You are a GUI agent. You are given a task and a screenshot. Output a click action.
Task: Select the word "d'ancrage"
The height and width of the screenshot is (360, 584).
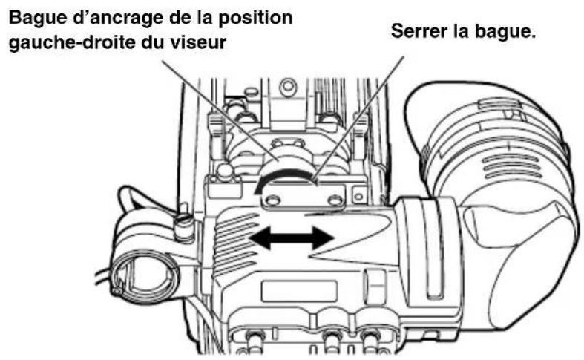[x=104, y=16]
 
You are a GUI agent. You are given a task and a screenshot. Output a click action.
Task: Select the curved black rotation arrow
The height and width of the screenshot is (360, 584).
[x=282, y=176]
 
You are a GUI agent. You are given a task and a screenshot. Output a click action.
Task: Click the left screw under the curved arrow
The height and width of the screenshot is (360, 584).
[x=273, y=199]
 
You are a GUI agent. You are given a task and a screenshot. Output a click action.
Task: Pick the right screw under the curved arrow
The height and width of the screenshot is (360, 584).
[x=335, y=200]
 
